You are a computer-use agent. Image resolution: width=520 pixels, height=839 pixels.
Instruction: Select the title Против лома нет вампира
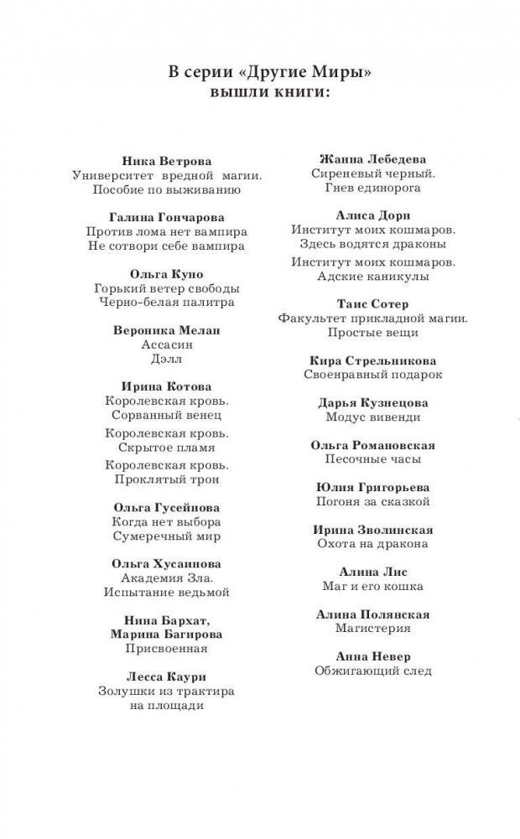tap(166, 231)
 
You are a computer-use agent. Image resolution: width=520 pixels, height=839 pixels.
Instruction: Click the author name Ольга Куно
tap(166, 274)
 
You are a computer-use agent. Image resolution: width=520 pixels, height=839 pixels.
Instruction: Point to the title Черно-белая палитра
tap(166, 303)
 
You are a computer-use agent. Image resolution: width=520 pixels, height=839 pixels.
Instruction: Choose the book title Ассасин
tap(166, 345)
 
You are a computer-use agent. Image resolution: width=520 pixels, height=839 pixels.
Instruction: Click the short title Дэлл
tap(166, 360)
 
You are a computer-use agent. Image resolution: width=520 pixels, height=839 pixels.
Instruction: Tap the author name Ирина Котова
tap(166, 387)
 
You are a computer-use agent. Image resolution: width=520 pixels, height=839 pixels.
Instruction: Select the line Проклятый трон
tap(166, 479)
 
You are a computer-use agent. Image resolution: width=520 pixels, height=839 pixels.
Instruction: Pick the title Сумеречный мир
tap(166, 536)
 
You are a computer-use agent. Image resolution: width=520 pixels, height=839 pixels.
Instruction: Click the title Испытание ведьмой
tap(166, 592)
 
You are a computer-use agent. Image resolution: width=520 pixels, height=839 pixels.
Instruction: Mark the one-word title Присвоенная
tap(166, 649)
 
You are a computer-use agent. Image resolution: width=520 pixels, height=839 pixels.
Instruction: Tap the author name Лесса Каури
tap(166, 676)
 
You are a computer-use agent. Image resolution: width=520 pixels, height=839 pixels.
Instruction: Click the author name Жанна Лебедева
tap(373, 159)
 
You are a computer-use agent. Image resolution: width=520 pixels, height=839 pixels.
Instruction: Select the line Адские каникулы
tap(373, 276)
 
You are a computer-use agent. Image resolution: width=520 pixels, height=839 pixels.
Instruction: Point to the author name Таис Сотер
tap(373, 304)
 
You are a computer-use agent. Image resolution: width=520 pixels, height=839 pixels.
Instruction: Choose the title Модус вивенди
tap(373, 417)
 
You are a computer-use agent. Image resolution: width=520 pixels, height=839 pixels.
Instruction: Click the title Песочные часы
tap(373, 459)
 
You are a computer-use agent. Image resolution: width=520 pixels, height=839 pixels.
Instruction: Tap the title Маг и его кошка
tap(373, 586)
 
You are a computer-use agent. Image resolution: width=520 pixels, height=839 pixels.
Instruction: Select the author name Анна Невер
tap(373, 656)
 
